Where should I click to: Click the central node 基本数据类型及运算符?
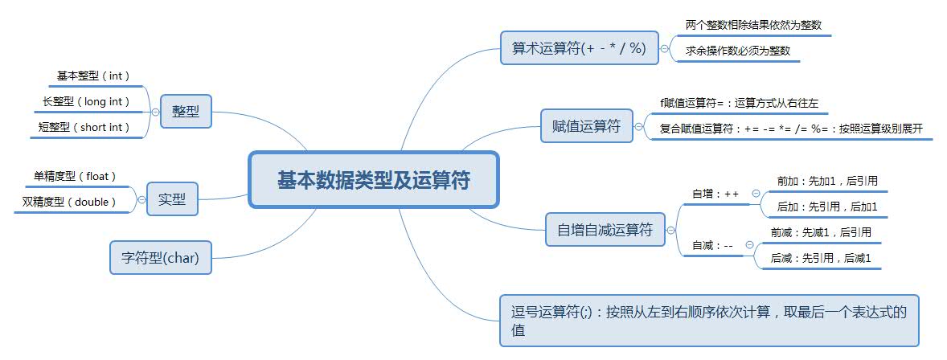coord(374,179)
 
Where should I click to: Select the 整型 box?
coord(186,112)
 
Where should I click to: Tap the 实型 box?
coord(172,199)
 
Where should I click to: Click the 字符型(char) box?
coord(160,258)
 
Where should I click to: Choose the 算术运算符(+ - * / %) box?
coord(579,47)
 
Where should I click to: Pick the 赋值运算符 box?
coord(587,126)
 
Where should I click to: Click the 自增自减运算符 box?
coord(605,230)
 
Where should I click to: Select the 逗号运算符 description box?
coord(707,320)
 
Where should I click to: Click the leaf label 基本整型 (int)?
coord(93,76)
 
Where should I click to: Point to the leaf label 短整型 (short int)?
coord(84,127)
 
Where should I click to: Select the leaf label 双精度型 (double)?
coord(70,202)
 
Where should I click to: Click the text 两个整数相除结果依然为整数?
coord(742,25)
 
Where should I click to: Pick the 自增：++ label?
coord(715,194)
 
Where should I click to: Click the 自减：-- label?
coord(712,245)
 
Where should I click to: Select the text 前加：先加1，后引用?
coord(821,181)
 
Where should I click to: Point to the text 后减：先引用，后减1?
coord(821,258)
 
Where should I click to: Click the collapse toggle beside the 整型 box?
coord(155,112)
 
